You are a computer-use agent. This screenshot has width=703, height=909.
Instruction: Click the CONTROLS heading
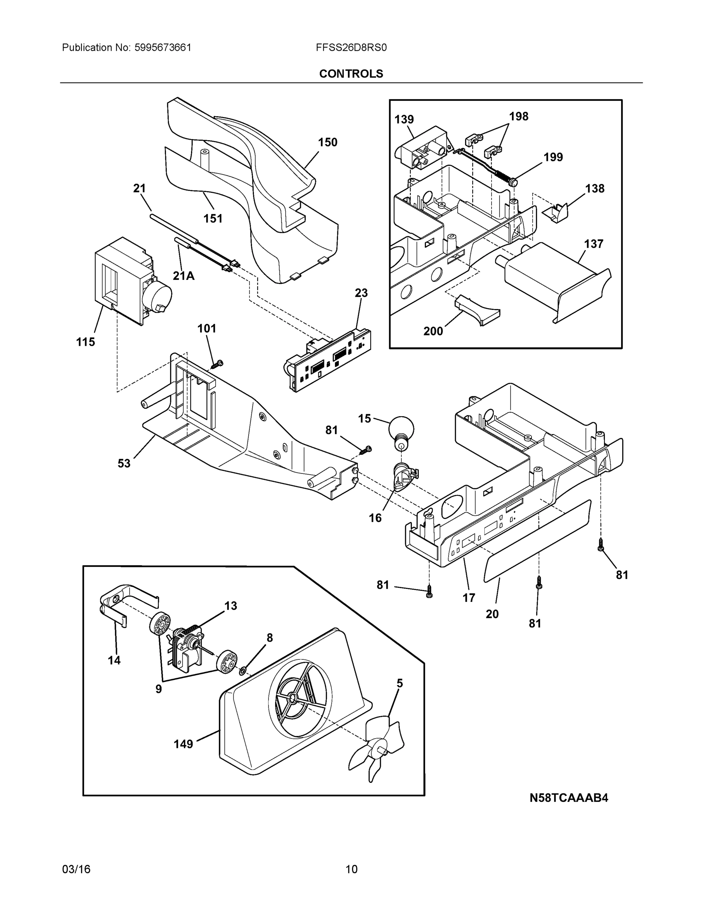click(351, 74)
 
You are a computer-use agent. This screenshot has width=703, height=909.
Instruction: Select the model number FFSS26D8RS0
click(351, 48)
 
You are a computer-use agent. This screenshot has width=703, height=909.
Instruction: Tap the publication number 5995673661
click(163, 48)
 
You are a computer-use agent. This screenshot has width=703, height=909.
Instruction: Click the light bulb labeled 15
click(401, 430)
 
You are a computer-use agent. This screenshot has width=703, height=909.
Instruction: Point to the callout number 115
click(85, 342)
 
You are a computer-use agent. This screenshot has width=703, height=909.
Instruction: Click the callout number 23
click(361, 293)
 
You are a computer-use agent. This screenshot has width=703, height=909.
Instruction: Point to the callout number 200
click(433, 331)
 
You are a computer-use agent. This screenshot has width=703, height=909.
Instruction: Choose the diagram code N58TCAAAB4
click(568, 798)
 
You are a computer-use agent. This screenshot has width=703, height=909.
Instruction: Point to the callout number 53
click(124, 463)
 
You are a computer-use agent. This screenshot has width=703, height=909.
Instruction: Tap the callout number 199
click(553, 157)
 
